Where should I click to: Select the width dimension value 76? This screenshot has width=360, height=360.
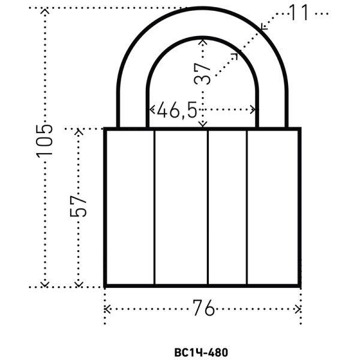203,308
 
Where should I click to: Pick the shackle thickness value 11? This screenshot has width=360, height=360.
299,12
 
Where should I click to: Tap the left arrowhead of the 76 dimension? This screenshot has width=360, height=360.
107,309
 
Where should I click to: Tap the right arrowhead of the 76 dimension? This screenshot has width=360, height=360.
298,309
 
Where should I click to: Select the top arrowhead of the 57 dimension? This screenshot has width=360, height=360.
77,131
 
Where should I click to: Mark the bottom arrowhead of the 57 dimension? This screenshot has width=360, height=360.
77,284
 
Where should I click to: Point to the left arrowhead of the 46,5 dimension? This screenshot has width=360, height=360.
151,110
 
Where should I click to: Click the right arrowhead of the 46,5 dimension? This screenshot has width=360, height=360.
254,110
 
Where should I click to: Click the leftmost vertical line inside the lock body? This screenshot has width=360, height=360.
155,207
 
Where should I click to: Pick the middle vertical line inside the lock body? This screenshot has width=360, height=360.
208,207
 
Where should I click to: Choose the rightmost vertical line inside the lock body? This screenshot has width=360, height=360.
247,207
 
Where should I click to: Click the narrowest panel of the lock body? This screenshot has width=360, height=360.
227,207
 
